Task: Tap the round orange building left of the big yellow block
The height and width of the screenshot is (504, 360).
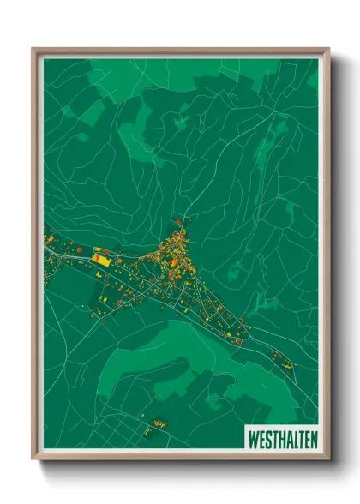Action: (81, 249)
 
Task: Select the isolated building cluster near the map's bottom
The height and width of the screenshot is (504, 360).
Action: (158, 423)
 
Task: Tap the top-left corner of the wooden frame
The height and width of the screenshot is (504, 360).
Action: (33, 49)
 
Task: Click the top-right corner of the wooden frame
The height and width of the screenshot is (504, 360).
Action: (329, 49)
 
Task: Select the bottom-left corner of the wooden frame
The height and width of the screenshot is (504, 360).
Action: (33, 459)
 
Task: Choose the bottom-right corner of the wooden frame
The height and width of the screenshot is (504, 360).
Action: (329, 459)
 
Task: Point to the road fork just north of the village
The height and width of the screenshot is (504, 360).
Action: (182, 218)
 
